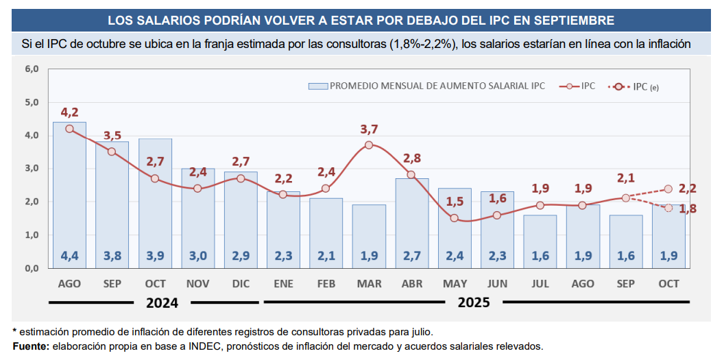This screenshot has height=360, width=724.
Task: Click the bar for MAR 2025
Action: [369, 236]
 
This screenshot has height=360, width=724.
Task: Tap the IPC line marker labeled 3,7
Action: [369, 145]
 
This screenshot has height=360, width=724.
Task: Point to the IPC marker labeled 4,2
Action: [70, 128]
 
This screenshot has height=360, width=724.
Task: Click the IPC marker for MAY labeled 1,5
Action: [454, 218]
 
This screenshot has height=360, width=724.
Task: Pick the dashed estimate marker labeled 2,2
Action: [668, 189]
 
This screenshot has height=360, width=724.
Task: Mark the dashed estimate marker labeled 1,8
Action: [668, 208]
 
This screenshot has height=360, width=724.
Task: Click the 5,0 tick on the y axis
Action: [32, 102]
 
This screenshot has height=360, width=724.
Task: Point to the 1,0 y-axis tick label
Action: [32, 235]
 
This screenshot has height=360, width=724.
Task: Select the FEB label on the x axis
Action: [326, 283]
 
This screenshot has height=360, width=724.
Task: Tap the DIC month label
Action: [241, 283]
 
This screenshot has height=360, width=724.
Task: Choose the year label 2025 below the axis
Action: [474, 302]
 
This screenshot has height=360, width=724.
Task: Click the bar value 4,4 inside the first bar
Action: [70, 256]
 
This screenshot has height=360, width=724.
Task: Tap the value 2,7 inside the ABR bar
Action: [411, 256]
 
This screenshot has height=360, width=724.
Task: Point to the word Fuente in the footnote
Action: [30, 346]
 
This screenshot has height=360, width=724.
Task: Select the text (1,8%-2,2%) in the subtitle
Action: [424, 45]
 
